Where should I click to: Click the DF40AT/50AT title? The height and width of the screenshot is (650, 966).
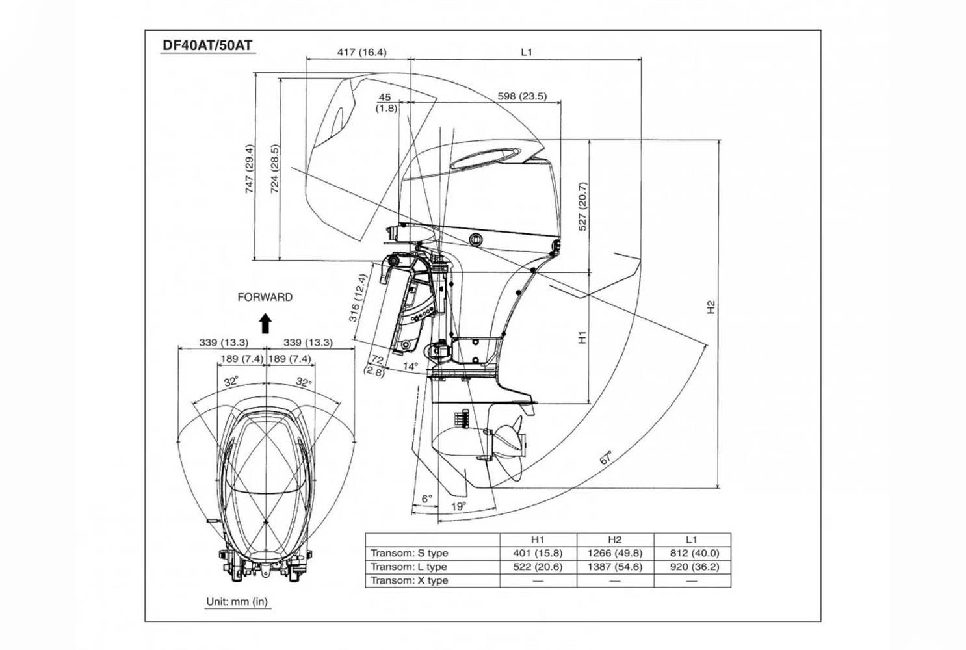click(207, 45)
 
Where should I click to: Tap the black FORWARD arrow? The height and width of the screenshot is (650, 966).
click(265, 323)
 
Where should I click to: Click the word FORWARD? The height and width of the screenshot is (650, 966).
click(265, 297)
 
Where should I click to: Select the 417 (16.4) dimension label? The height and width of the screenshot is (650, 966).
click(361, 52)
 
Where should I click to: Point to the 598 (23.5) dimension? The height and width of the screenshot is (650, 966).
click(522, 96)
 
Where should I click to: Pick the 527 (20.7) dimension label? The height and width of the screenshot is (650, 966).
click(582, 207)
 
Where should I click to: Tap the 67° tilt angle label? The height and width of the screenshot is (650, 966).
click(606, 457)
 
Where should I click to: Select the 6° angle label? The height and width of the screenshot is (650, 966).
click(426, 499)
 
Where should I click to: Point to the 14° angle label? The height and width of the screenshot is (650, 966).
click(410, 367)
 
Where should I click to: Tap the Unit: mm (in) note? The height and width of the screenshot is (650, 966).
click(237, 601)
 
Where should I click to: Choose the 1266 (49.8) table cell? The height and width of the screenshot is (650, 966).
click(614, 553)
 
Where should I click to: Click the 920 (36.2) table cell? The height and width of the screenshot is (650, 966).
click(692, 567)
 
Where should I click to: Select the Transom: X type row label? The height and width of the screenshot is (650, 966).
click(410, 580)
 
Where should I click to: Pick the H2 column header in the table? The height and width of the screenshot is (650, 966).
click(614, 539)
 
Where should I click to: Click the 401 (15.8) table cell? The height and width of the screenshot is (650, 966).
click(538, 553)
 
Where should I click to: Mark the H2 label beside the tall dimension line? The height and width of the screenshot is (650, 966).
click(711, 307)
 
